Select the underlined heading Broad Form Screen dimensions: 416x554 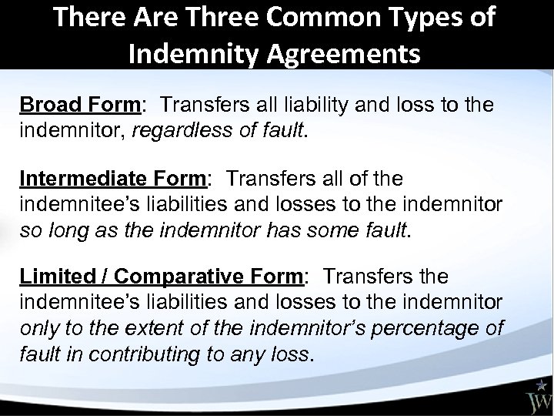[x=67, y=104]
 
